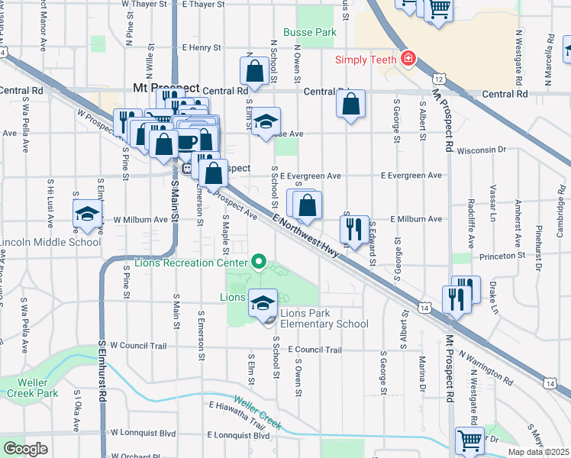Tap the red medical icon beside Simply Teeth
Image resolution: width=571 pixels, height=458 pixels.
point(408,59)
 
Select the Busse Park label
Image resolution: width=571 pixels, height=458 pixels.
point(310,33)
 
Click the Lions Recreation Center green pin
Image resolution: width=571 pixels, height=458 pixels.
point(259,264)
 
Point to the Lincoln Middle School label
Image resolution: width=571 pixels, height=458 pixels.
point(50,243)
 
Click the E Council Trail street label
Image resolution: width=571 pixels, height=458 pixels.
point(315,350)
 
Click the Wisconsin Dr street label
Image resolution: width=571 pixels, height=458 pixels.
point(481,150)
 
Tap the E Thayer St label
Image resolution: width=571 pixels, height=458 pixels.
point(196,5)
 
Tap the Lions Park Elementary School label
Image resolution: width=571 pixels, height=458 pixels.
point(324,318)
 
